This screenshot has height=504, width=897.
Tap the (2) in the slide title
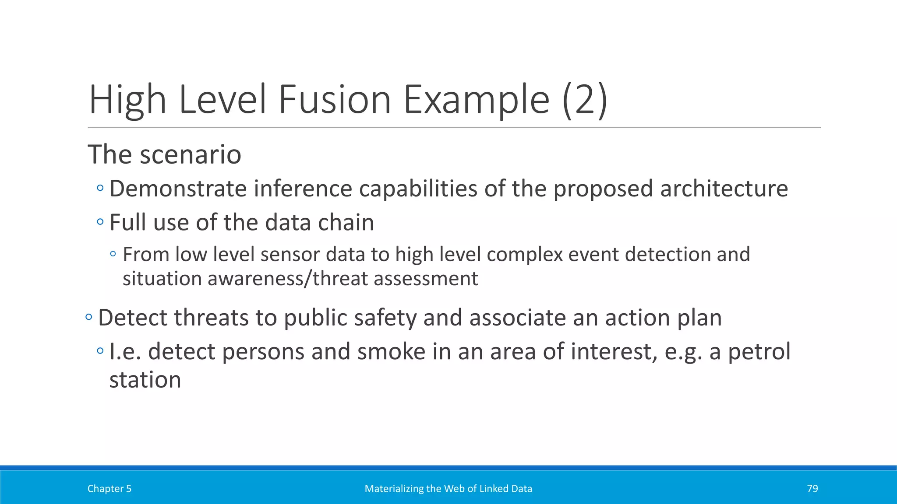tap(585, 100)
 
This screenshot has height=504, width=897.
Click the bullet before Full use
tap(100, 222)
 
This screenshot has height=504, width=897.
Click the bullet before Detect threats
tap(89, 317)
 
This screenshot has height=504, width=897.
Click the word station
tap(145, 379)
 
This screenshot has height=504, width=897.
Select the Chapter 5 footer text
tap(109, 489)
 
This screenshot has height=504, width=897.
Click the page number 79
tap(812, 489)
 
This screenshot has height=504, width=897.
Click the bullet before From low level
tap(113, 254)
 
